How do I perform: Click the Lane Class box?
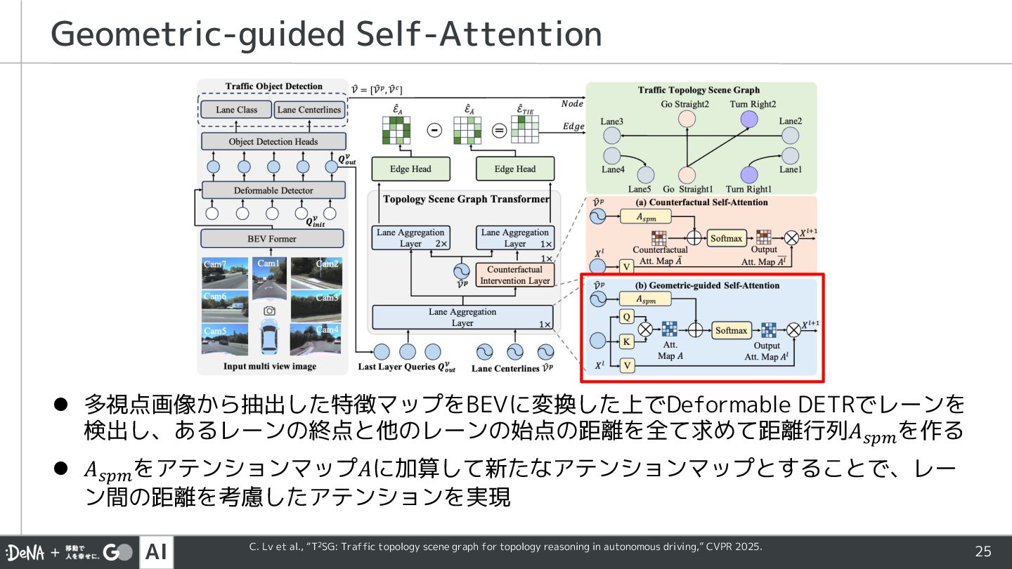pos(236,110)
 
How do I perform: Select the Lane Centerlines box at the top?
pos(309,110)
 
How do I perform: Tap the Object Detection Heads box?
pos(273,141)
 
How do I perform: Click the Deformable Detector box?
pos(273,190)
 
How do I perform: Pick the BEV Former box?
pos(272,239)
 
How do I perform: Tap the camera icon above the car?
pos(268,310)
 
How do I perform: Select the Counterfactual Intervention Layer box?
pos(515,275)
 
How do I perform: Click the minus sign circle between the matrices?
pos(435,131)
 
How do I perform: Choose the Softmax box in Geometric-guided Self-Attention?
pos(732,330)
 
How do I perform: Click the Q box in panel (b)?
pos(628,317)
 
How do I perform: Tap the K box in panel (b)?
pos(628,342)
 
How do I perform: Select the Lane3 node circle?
pos(611,136)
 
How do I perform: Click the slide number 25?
pos(982,551)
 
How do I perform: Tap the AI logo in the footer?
pos(156,552)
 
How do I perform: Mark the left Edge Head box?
pos(410,169)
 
